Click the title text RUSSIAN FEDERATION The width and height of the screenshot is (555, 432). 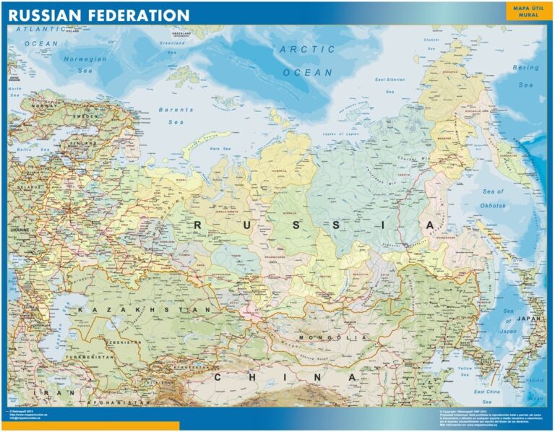tap(100, 14)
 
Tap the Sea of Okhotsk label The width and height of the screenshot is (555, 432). tap(493, 198)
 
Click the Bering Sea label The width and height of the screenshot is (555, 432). tap(525, 76)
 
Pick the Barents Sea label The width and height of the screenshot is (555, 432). tap(176, 116)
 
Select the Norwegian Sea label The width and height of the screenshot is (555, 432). tap(85, 65)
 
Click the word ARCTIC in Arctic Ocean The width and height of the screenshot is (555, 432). tap(307, 50)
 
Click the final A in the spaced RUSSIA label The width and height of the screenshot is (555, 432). tap(431, 225)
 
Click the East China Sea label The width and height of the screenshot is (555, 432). tap(487, 391)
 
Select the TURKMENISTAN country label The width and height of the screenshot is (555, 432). tap(89, 357)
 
